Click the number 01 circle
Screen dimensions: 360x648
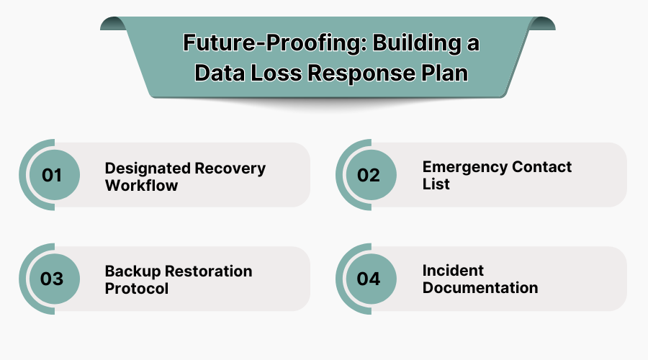tap(52, 175)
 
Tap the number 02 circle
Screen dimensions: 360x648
tap(368, 175)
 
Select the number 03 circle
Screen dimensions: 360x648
tap(52, 279)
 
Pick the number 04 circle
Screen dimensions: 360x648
tap(368, 279)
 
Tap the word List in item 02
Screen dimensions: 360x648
tap(436, 184)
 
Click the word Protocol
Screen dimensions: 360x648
tap(137, 288)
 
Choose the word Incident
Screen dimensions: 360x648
tap(453, 271)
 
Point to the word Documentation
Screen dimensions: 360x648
tap(480, 287)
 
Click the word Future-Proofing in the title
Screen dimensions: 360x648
tap(265, 42)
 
